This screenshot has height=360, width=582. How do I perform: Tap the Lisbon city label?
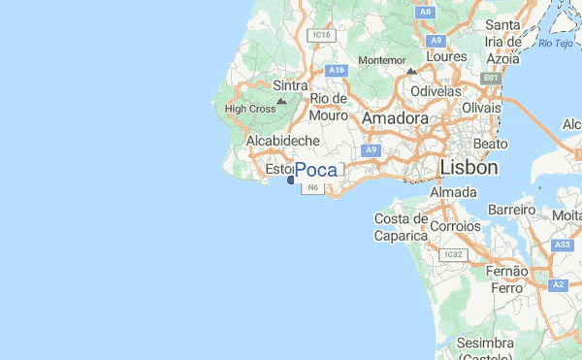(469, 168)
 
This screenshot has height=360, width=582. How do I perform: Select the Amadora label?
(395, 118)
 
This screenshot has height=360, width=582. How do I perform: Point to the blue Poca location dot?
(291, 180)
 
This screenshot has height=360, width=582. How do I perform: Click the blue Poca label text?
(316, 171)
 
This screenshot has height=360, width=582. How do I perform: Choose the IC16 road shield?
(321, 35)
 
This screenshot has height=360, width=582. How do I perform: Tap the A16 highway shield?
(337, 71)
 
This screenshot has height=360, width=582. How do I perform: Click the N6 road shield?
(311, 188)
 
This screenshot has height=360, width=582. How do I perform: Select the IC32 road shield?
(452, 255)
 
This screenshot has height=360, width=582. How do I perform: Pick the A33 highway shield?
(562, 246)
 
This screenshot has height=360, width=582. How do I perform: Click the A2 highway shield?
(558, 285)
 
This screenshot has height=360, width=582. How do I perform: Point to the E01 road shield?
(492, 78)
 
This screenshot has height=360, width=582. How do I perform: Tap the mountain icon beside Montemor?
(411, 71)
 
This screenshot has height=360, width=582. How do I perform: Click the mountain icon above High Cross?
(281, 100)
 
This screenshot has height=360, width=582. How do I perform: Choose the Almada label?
(452, 193)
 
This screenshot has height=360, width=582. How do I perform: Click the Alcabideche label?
(283, 141)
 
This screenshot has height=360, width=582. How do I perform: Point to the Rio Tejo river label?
(558, 44)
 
